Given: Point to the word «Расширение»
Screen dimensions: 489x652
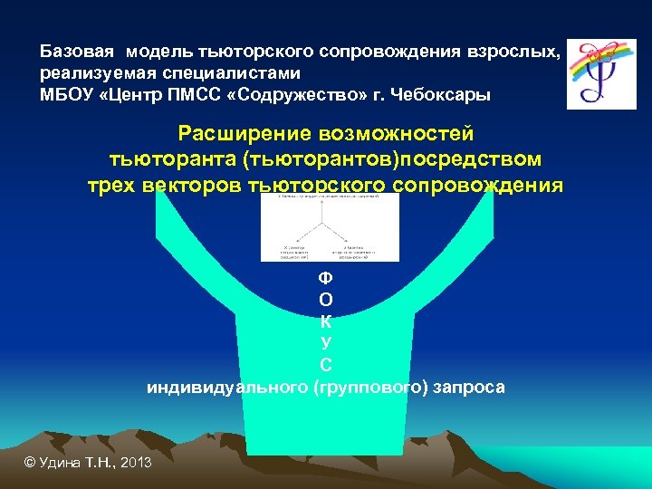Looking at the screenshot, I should pyautogui.click(x=243, y=134).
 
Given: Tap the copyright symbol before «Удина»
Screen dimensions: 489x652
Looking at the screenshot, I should pyautogui.click(x=29, y=463).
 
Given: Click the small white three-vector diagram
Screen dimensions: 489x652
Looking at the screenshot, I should pyautogui.click(x=330, y=227).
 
